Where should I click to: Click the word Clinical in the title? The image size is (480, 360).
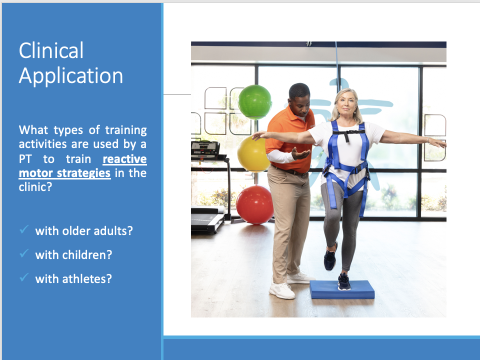51,50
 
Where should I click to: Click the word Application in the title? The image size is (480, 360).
70,76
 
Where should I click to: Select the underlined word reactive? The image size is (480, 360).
124,159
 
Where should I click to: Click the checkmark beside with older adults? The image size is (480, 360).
24,229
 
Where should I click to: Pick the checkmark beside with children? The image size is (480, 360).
24,253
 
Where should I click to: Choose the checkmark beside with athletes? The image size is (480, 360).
24,277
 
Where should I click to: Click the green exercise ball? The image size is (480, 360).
254,101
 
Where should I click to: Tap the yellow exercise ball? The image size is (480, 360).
253,153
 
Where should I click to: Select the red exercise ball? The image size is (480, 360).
254,204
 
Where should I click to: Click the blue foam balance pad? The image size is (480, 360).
342,289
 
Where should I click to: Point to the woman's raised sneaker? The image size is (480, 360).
330,257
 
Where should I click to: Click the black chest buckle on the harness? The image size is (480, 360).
346,136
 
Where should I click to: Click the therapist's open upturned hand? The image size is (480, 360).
301,153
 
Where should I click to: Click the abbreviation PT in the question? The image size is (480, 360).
25,159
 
